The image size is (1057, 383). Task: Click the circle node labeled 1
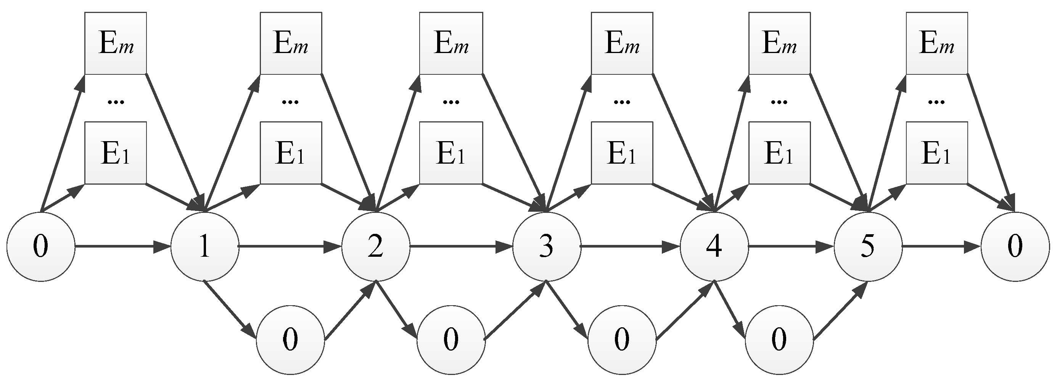[x=204, y=246]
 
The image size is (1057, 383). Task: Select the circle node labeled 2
[x=375, y=246]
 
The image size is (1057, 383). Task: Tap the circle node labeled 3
[x=546, y=246]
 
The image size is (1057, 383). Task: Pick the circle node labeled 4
[x=714, y=246]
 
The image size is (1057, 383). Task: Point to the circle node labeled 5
[x=868, y=246]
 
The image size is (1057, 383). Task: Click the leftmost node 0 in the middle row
[x=40, y=246]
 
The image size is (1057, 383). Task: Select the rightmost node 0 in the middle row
[x=1015, y=246]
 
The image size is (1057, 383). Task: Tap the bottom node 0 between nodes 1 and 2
[x=290, y=340]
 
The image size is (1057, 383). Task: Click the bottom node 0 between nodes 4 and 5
[x=779, y=340]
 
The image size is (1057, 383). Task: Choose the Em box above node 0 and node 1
[x=115, y=43]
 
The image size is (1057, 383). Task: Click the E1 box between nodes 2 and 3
[x=450, y=153]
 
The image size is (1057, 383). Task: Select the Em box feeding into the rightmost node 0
[x=936, y=43]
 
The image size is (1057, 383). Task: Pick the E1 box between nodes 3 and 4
[x=622, y=153]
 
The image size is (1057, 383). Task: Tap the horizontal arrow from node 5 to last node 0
[x=941, y=247]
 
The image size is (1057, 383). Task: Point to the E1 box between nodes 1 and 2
[x=291, y=153]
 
